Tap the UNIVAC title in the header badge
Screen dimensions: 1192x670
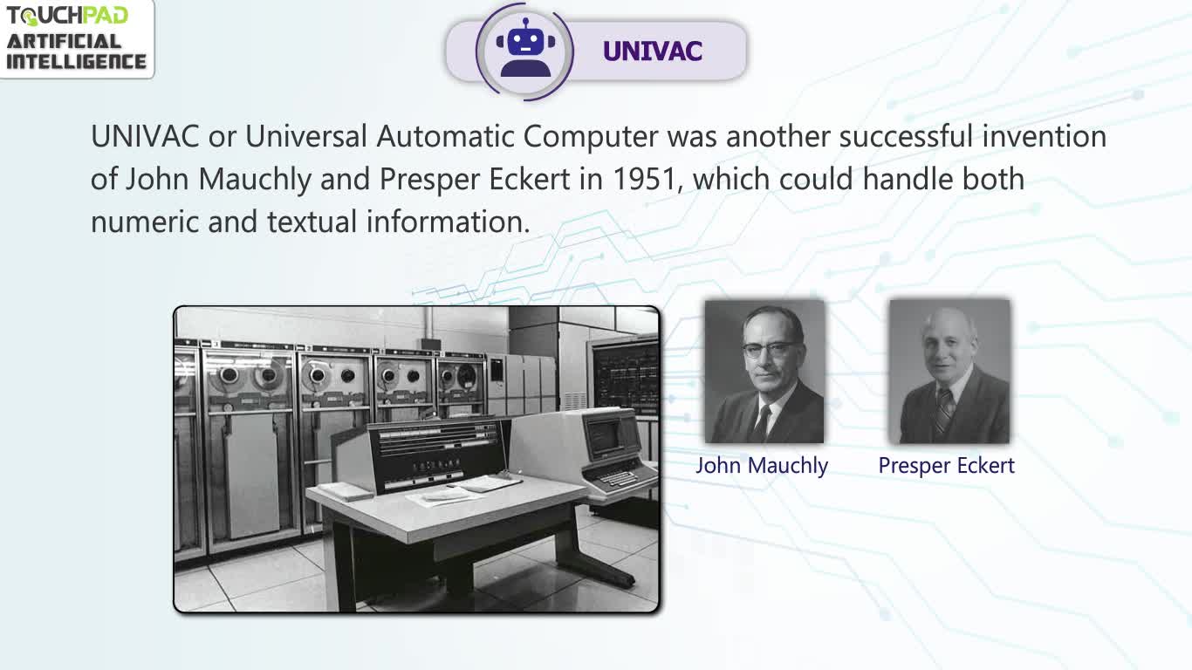[653, 51]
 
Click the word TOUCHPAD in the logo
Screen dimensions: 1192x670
[67, 16]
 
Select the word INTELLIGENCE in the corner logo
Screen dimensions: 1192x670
[76, 61]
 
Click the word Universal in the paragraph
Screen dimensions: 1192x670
[306, 136]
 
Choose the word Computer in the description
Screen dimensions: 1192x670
[591, 137]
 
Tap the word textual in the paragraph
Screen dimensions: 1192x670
[312, 222]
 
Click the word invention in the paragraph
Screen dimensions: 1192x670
[1044, 136]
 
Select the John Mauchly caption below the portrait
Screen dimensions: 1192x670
[762, 466]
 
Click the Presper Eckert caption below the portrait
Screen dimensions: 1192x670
[946, 466]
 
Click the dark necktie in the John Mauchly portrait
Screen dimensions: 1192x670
[762, 423]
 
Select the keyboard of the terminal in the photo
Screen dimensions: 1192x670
[620, 477]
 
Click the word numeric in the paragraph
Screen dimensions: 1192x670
[145, 222]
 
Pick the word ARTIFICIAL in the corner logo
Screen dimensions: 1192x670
[64, 41]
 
